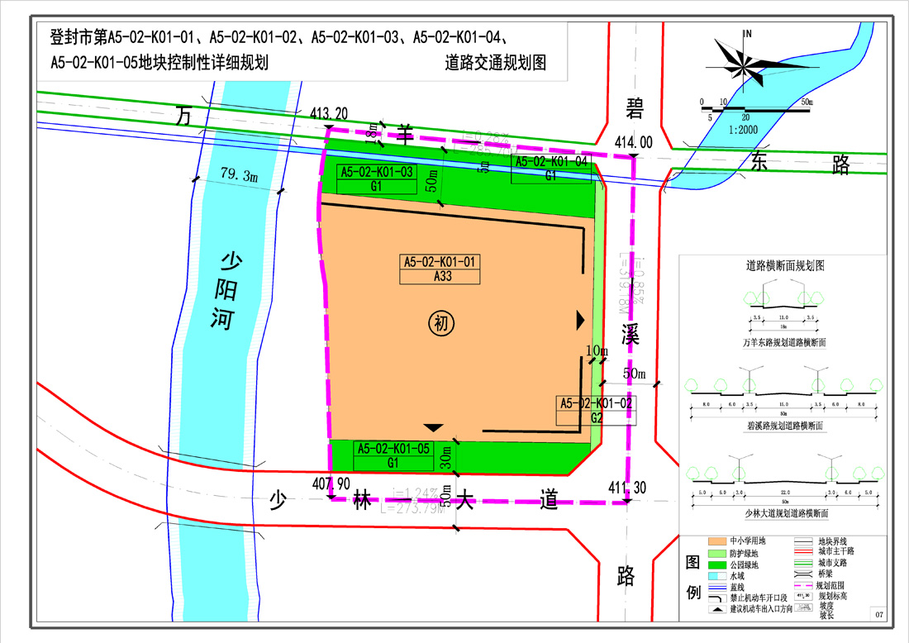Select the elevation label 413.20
pos(330,113)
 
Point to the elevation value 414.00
pos(633,142)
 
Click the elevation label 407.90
pos(332,483)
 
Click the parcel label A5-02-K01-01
pos(441,262)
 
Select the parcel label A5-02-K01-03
pos(376,172)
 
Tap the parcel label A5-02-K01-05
pos(393,448)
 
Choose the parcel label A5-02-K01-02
pos(596,403)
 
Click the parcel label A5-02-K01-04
pos(551,162)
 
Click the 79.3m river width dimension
pos(239,175)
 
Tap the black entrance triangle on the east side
pos(581,319)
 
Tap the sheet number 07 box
pos(880,614)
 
